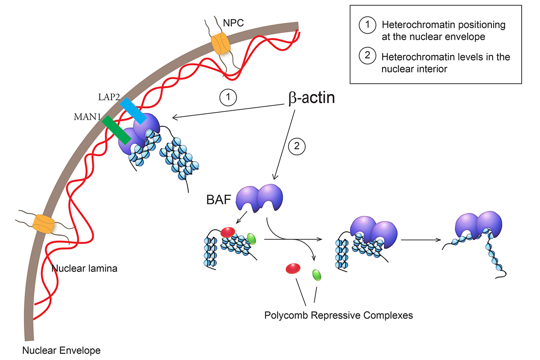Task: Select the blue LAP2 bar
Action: tap(133, 111)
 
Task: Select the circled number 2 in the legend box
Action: tap(366, 58)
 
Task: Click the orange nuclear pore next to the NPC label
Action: tap(220, 44)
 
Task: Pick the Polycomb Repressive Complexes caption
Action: tap(338, 315)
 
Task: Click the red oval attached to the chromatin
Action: tap(228, 232)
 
